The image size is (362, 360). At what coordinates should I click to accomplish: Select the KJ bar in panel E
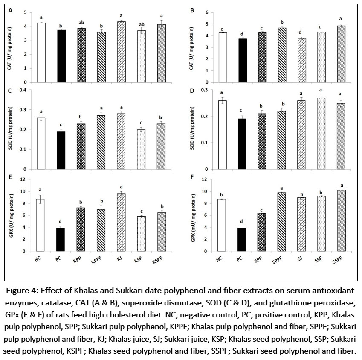122,222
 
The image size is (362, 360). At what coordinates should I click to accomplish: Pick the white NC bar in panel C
41,144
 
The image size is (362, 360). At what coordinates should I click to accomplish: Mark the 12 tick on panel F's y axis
206,179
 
